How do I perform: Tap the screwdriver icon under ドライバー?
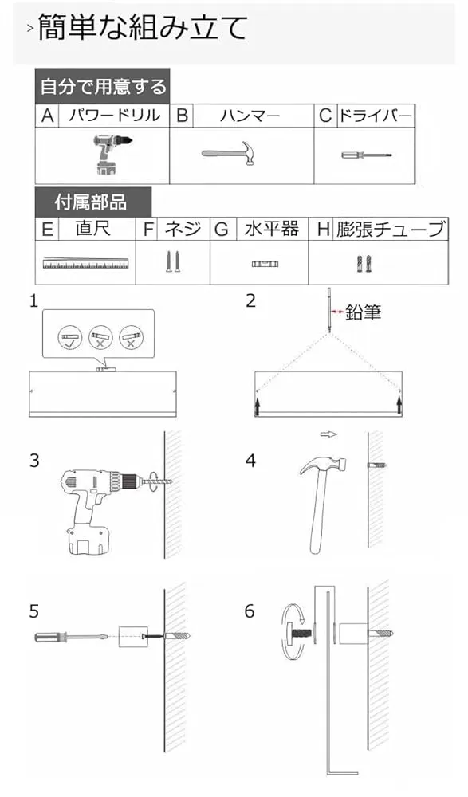pos(366,155)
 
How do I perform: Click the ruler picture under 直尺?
pos(85,263)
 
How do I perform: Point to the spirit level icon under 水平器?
pos(265,264)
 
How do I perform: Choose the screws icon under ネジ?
pos(173,261)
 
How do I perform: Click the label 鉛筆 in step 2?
pos(364,312)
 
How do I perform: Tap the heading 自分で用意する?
pos(103,86)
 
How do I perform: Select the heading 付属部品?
pos(91,202)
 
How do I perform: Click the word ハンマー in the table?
pos(250,116)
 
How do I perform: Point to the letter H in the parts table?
pos(324,230)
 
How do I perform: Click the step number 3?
pos(34,461)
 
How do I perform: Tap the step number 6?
pos(250,611)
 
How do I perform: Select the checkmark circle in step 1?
pos(70,337)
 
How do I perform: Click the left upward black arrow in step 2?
pos(258,405)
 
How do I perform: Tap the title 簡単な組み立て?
pos(143,27)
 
